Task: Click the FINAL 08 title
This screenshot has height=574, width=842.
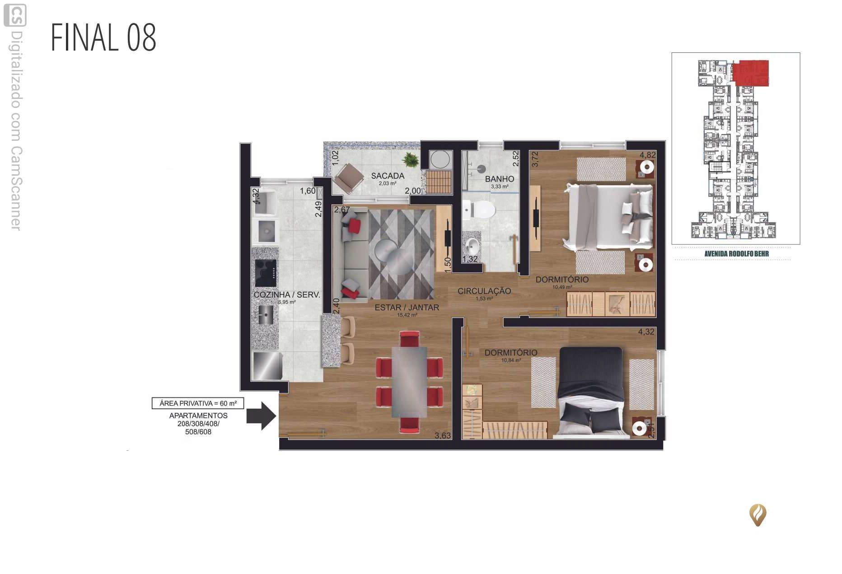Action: tap(103, 37)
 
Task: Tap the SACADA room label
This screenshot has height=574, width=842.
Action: tap(388, 176)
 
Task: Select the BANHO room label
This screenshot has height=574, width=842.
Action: tap(499, 179)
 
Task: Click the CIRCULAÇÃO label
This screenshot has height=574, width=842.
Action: tap(484, 291)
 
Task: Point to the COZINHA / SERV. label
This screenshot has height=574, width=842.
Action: tap(287, 295)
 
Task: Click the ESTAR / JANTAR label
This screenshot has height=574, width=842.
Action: tap(407, 308)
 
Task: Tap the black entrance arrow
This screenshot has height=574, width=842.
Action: tap(261, 416)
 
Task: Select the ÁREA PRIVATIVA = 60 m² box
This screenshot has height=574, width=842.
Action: tap(198, 403)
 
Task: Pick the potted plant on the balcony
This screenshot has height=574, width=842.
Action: tap(411, 159)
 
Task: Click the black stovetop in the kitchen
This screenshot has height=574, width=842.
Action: tap(266, 273)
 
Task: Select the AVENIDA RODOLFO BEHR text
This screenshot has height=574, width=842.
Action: tap(736, 254)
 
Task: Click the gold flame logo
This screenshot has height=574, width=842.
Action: tap(758, 515)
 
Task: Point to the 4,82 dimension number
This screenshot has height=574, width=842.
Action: tap(647, 155)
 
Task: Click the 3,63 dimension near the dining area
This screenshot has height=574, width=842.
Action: tap(443, 436)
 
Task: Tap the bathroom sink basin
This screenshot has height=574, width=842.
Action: tap(473, 246)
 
